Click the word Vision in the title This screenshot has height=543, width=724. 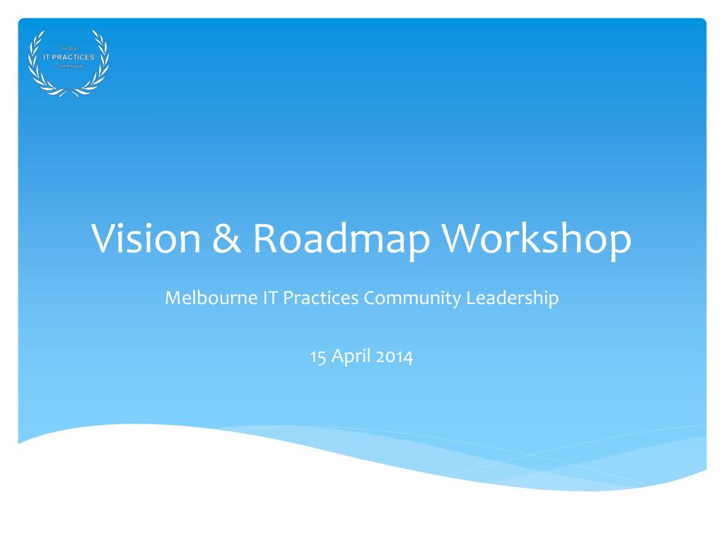146,239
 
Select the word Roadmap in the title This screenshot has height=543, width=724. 341,239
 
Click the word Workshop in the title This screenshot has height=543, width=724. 537,239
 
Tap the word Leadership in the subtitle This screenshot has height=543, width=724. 512,298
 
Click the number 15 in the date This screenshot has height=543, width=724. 317,356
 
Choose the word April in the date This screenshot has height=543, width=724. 350,356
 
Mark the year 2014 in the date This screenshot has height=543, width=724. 395,356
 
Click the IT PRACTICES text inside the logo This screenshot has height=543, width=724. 69,57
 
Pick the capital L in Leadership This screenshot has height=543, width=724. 470,298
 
